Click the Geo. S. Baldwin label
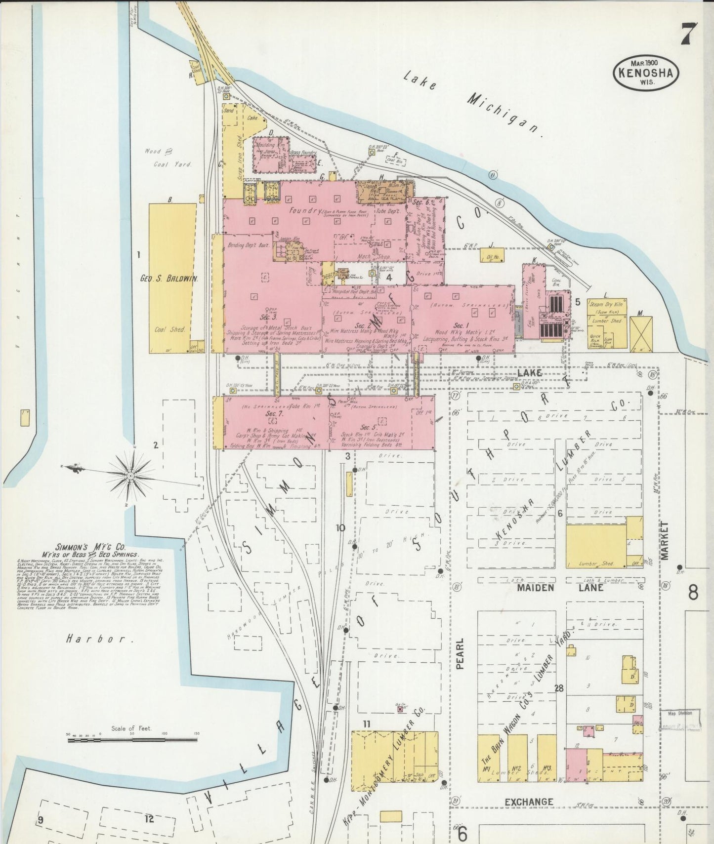(169, 279)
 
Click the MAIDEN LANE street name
(559, 588)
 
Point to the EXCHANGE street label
(528, 802)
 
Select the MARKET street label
(665, 540)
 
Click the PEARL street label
(460, 653)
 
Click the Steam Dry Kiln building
(607, 305)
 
